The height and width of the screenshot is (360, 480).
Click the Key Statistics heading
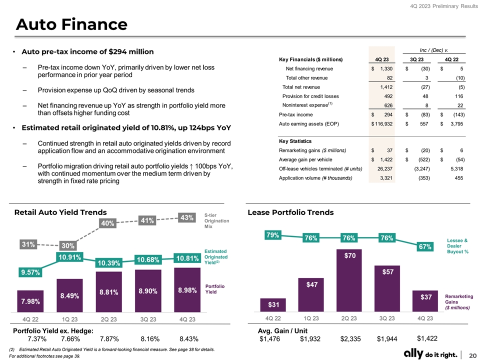pos(295,141)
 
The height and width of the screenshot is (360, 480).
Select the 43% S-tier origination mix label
pos(187,218)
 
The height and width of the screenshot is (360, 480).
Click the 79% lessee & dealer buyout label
pos(273,235)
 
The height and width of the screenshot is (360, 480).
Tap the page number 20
pos(472,354)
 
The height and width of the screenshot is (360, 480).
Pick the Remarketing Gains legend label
pos(458,302)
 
